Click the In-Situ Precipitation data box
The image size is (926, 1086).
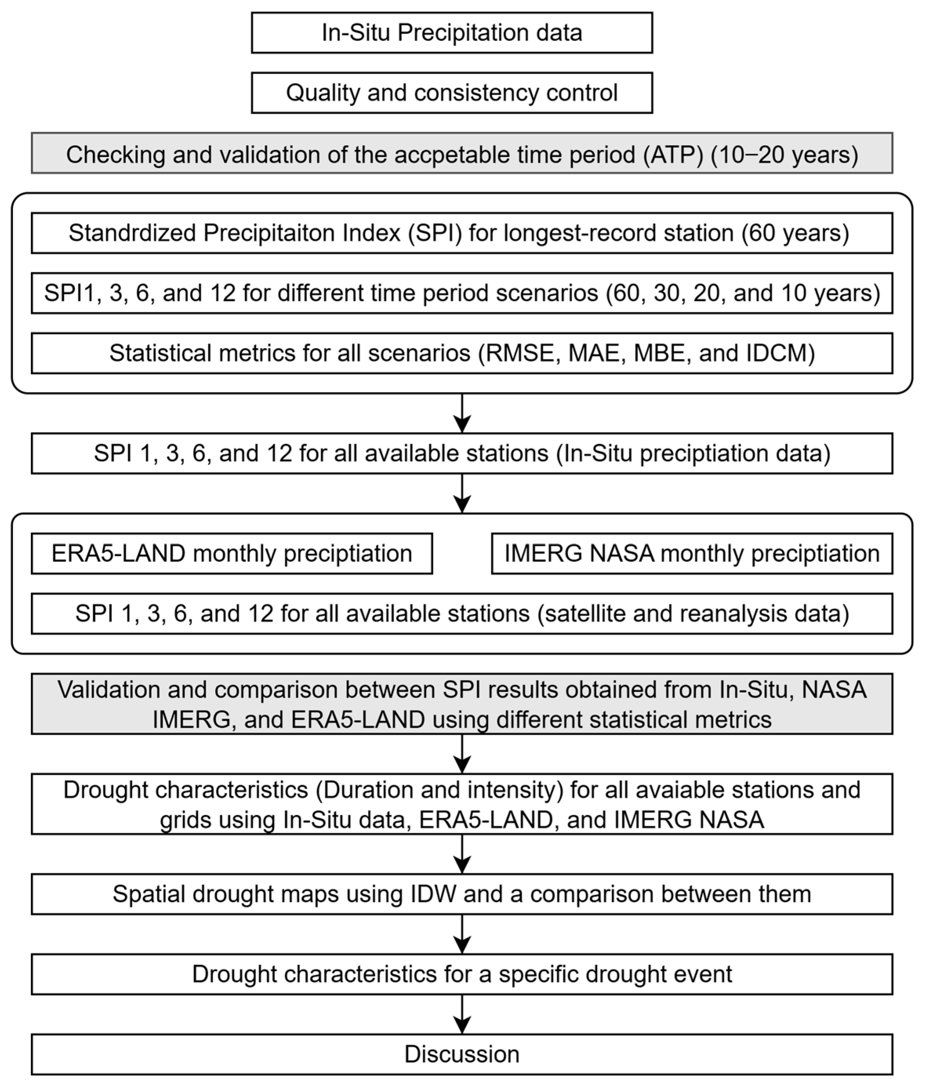(x=451, y=33)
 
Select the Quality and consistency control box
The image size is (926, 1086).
(x=451, y=93)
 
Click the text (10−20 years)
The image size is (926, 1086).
(x=784, y=155)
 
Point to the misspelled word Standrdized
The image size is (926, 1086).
(x=131, y=233)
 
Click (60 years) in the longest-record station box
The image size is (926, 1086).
(x=795, y=233)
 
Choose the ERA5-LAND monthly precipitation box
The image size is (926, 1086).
(x=232, y=554)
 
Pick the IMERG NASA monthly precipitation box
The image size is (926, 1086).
(x=692, y=554)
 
